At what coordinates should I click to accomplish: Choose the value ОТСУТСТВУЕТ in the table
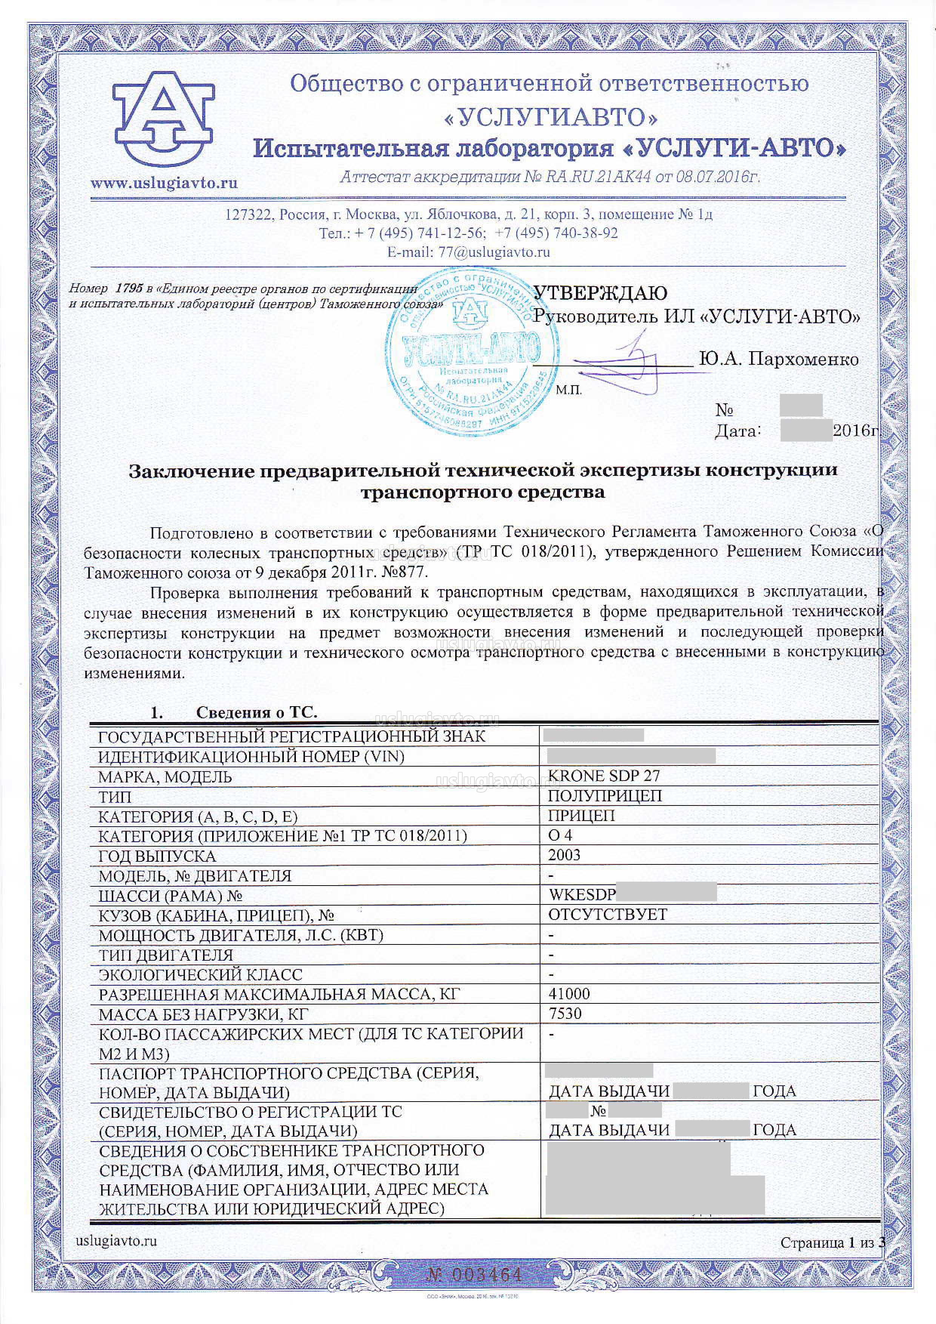[x=608, y=914]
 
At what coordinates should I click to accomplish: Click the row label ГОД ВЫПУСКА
[x=157, y=856]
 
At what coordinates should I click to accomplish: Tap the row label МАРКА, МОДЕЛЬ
[x=165, y=777]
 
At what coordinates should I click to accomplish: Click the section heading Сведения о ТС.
[x=257, y=712]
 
